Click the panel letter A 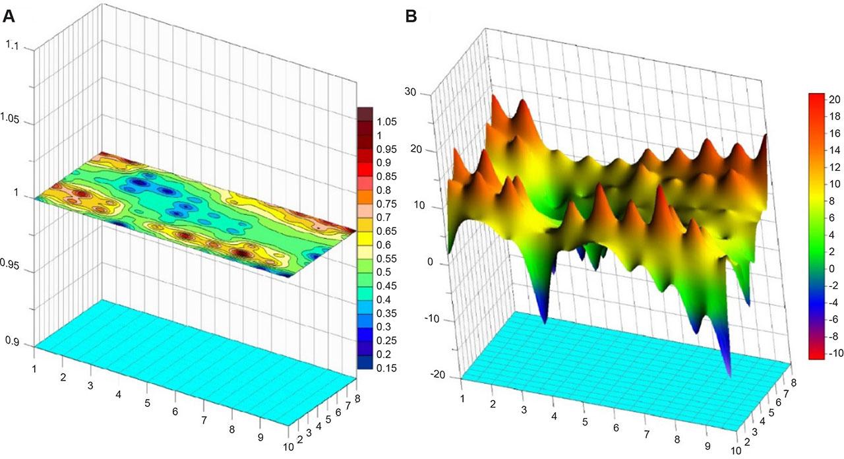(x=9, y=16)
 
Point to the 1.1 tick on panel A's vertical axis (x=13, y=47)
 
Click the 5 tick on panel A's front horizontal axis (x=147, y=403)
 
